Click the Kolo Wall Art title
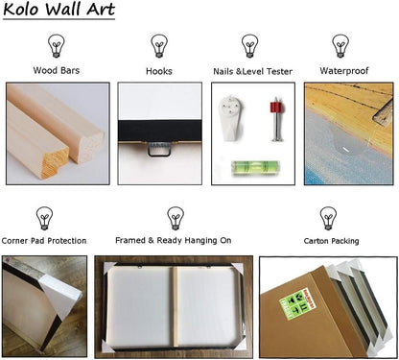click(x=59, y=10)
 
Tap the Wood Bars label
click(x=57, y=70)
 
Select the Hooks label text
click(x=159, y=71)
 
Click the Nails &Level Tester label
click(x=252, y=71)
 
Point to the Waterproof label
click(x=344, y=71)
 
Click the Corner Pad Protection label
click(x=44, y=241)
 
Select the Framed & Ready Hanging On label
click(x=174, y=240)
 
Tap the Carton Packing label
click(x=331, y=241)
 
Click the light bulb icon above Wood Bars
click(x=57, y=46)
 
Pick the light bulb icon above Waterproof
click(x=340, y=46)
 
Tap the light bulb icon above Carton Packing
click(x=328, y=218)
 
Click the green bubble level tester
click(x=255, y=168)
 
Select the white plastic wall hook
click(x=231, y=117)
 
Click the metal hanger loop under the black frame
click(x=159, y=149)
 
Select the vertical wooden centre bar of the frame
click(x=176, y=306)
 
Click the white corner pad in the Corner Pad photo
click(x=59, y=298)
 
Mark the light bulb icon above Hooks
click(x=159, y=46)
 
